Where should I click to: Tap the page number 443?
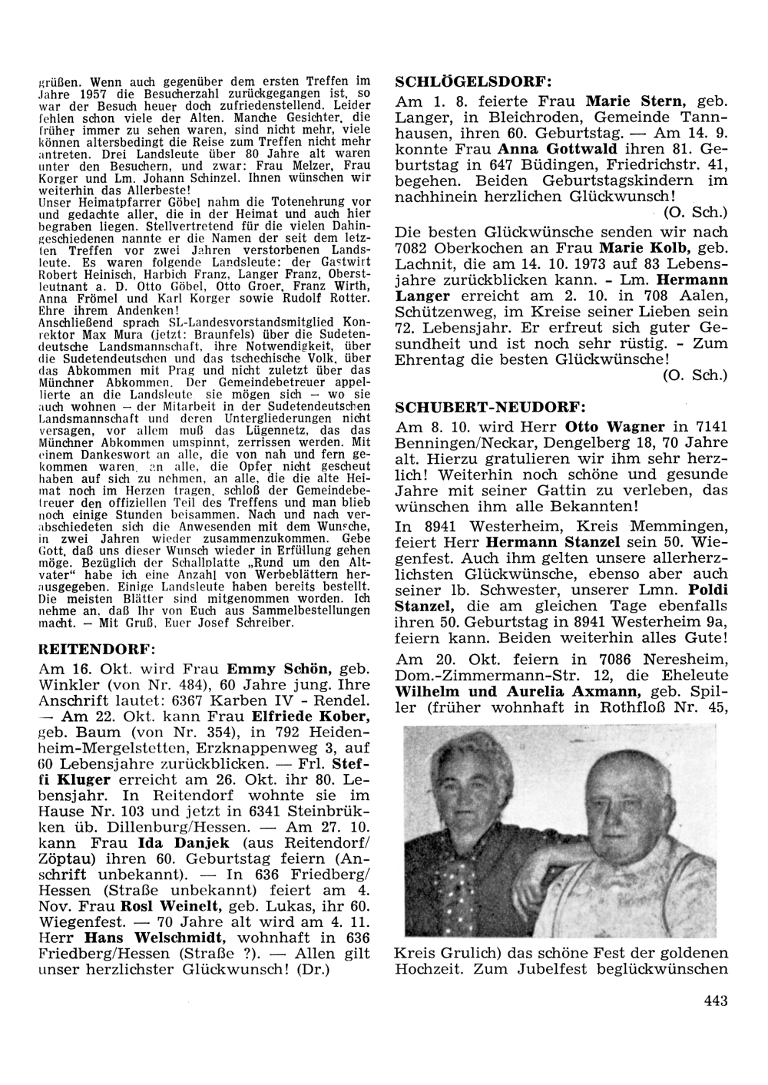pos(714,1000)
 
